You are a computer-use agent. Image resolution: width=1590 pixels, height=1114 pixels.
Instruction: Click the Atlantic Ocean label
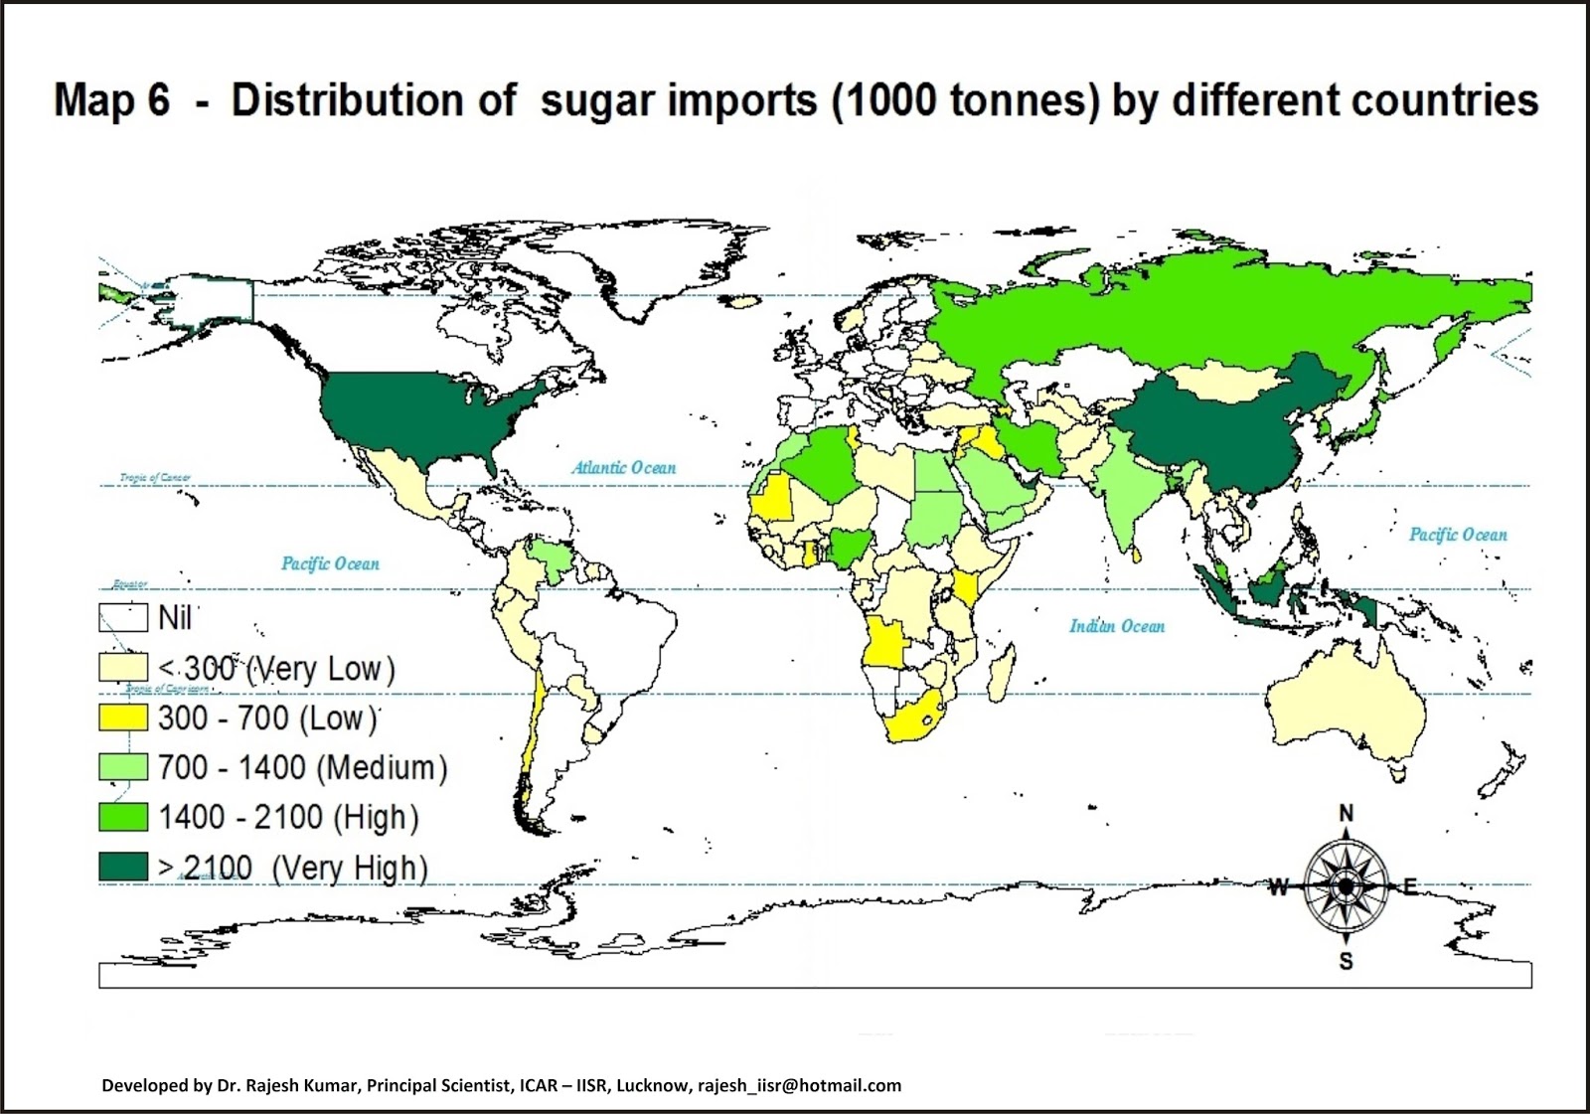click(623, 467)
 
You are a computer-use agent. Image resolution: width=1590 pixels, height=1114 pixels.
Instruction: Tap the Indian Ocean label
click(1117, 626)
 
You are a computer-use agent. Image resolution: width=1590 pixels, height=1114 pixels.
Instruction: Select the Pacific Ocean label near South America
click(330, 563)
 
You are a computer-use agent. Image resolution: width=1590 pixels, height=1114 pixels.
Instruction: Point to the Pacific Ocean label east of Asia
click(1458, 535)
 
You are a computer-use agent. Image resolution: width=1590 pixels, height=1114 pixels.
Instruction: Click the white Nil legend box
click(123, 618)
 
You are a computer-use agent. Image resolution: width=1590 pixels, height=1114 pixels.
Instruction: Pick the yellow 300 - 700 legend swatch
click(123, 717)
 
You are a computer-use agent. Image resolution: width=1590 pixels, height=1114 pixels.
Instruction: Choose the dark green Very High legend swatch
click(123, 867)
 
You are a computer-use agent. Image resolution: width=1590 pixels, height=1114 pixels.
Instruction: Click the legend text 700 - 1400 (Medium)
click(303, 767)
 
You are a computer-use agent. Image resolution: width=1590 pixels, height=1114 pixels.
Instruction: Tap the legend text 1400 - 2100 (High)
click(288, 817)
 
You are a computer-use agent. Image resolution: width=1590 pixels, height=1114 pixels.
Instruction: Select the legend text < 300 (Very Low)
click(277, 669)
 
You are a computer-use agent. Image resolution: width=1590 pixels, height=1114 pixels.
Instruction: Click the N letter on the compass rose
click(1347, 814)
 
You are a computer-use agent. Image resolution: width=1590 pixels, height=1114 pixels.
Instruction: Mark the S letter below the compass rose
click(1346, 961)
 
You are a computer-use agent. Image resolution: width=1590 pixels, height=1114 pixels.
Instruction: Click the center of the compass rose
click(1346, 885)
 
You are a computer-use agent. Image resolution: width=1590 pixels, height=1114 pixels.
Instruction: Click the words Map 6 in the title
click(111, 100)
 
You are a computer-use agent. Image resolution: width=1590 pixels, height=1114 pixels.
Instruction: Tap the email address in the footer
click(799, 1085)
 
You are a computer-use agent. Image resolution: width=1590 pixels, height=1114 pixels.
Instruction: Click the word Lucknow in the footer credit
click(651, 1085)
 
